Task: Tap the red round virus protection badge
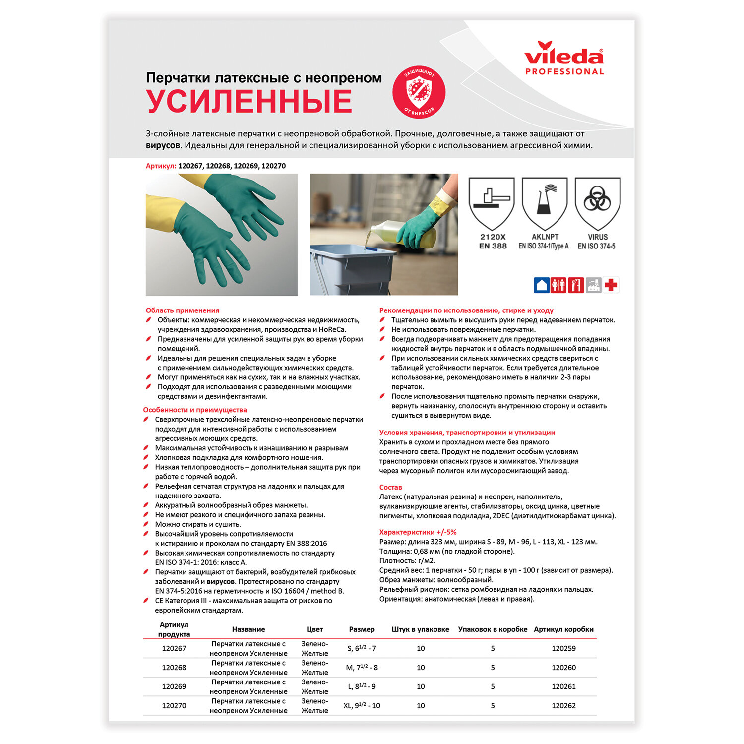419,92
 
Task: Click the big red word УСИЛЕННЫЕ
249,101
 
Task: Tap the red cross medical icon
611,285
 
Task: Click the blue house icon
541,285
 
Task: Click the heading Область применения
183,310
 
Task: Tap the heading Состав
390,487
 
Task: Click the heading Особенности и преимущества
195,410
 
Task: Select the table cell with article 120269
174,686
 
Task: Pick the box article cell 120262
563,705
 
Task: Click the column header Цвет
314,629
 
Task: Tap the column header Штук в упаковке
420,629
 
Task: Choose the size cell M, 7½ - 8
362,667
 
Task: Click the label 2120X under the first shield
493,237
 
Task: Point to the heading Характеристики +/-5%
418,532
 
